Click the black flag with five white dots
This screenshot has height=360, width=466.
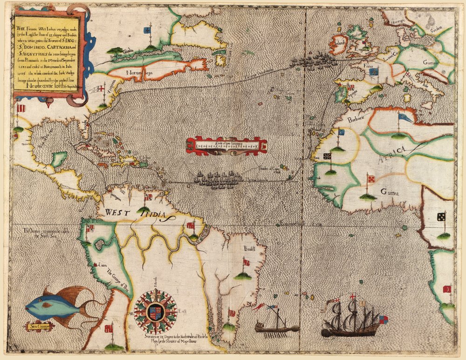(441, 217)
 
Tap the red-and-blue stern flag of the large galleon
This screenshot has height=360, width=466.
(383, 319)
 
